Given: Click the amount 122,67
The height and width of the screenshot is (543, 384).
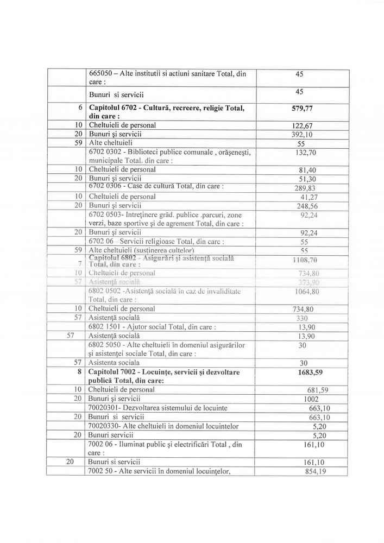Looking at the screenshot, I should tap(304, 126).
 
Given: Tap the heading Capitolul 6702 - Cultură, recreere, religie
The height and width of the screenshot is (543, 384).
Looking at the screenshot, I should tap(166, 108).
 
